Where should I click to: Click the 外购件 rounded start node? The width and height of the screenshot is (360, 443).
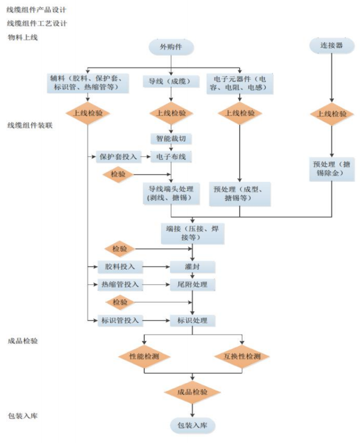(x=171, y=48)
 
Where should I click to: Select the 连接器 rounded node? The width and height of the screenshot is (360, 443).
(x=331, y=46)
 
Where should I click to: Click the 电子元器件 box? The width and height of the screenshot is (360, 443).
(x=239, y=83)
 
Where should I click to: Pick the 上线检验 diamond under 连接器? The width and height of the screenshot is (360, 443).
(x=331, y=114)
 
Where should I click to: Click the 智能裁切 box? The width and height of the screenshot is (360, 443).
(x=171, y=138)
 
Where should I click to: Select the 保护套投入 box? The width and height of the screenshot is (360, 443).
(x=119, y=156)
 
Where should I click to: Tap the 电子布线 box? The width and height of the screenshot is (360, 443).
(x=171, y=156)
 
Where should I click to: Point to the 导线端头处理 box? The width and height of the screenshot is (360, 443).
(x=171, y=193)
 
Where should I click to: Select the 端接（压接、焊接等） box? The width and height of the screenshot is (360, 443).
(x=193, y=233)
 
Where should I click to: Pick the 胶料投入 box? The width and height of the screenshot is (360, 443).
(x=120, y=267)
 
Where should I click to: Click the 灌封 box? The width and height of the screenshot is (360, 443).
(x=192, y=267)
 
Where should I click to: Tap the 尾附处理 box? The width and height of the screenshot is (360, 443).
(x=192, y=284)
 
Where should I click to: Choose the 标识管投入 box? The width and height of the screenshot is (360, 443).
(x=120, y=320)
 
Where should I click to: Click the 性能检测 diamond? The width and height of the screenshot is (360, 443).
(x=144, y=357)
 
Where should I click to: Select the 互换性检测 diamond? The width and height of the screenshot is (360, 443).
(x=242, y=357)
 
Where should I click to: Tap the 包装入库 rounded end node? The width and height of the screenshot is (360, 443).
(x=192, y=425)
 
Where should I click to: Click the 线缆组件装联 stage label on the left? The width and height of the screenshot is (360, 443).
(x=30, y=125)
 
